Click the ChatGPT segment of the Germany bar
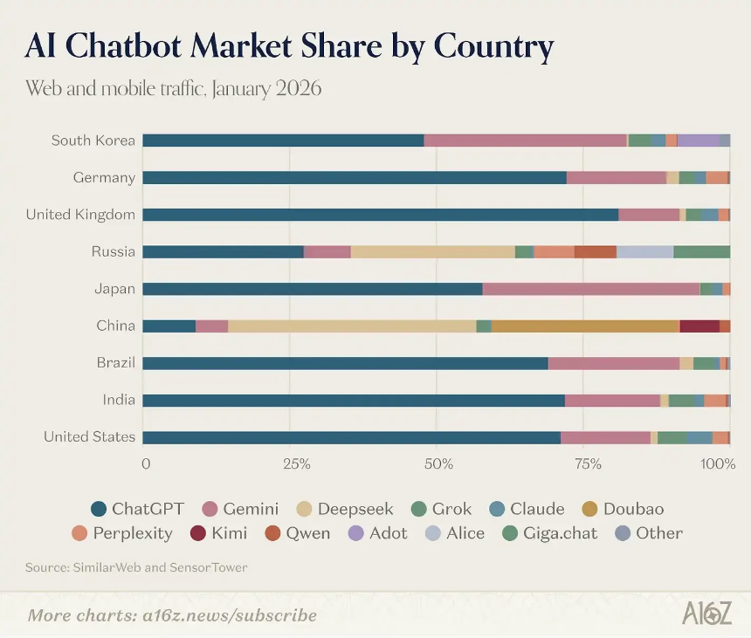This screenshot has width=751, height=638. point(354,177)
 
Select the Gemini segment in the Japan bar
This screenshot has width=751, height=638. point(590,289)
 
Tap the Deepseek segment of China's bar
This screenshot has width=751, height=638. point(352,326)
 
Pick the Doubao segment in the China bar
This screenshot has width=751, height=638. point(585,326)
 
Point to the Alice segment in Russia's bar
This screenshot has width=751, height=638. point(644,251)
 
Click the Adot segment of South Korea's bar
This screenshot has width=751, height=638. point(698,141)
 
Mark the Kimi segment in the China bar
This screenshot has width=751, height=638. point(699,326)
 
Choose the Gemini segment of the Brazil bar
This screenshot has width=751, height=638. point(613,363)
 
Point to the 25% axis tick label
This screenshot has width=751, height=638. point(297,463)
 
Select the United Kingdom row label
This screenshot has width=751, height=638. point(80,215)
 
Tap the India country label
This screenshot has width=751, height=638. point(119,400)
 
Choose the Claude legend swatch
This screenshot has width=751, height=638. point(498,509)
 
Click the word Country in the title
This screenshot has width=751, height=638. point(493,45)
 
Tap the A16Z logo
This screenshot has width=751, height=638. point(706,614)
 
